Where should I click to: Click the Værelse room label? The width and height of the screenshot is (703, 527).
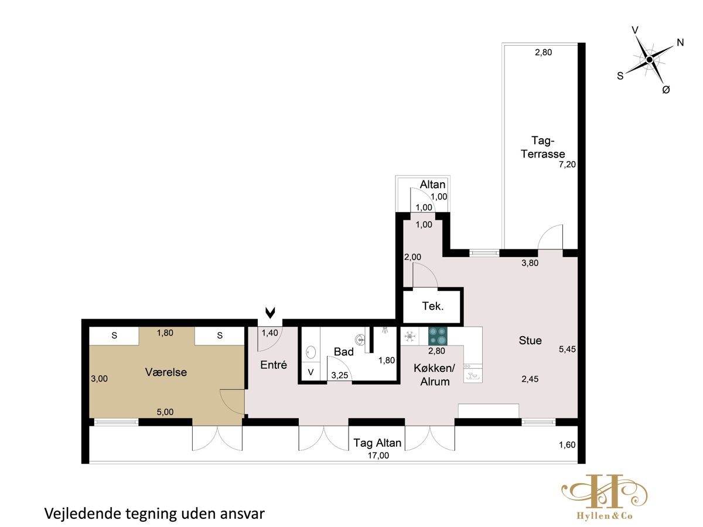point(166,372)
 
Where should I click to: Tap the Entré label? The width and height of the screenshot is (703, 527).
point(274,365)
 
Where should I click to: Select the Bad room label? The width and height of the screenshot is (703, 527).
point(344,352)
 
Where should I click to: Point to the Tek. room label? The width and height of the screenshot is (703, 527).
point(433,306)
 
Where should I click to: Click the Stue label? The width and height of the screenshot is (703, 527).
point(530,340)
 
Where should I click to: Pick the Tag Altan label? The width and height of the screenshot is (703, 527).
point(377,443)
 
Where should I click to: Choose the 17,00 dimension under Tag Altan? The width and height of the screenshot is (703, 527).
point(378,456)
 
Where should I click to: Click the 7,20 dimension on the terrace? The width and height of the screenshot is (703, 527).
point(567,165)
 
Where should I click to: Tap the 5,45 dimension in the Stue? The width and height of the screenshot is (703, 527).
point(567,349)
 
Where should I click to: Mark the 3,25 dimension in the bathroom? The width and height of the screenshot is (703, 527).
point(339,375)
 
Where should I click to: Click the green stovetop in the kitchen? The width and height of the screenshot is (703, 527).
point(438,336)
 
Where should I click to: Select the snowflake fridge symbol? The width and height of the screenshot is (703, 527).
point(409,336)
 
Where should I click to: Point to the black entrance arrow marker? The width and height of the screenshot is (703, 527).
point(270,313)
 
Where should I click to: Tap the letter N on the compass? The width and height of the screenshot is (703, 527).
point(680,43)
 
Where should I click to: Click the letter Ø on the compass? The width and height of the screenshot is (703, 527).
point(666,90)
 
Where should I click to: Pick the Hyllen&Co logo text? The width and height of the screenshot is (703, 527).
point(605,516)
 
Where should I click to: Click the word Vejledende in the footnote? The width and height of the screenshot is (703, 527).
point(82,514)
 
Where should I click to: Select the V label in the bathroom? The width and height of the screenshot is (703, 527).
point(310,372)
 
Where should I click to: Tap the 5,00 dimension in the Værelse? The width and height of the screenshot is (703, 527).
point(165,412)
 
